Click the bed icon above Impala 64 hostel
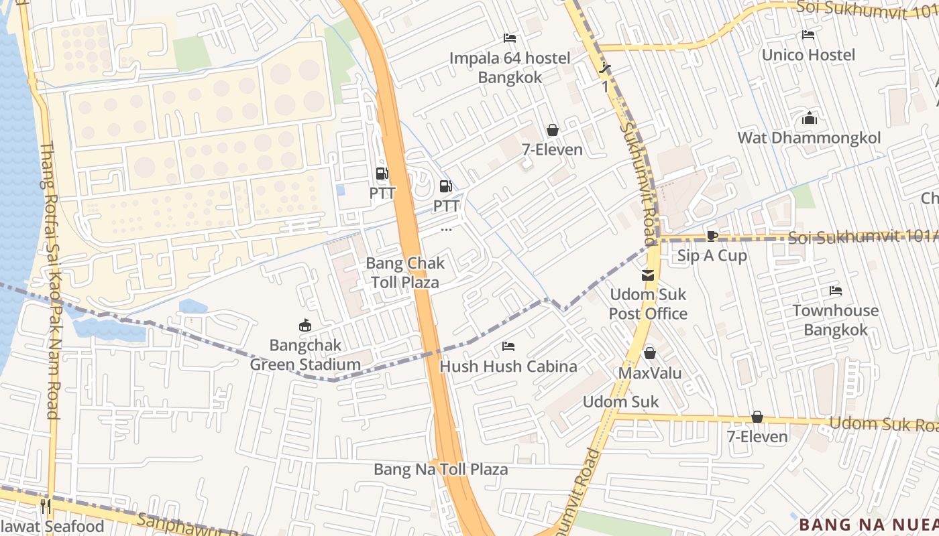pyautogui.click(x=510, y=38)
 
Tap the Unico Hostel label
pyautogui.click(x=808, y=55)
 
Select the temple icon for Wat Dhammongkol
pyautogui.click(x=809, y=119)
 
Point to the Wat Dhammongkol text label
pyautogui.click(x=809, y=138)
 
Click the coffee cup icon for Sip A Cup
pyautogui.click(x=712, y=236)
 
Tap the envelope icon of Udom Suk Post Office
pyautogui.click(x=648, y=275)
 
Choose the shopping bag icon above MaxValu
pyautogui.click(x=649, y=353)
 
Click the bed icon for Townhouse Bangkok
pyautogui.click(x=835, y=291)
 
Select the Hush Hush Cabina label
pyautogui.click(x=508, y=366)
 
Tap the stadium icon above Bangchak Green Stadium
pyautogui.click(x=305, y=326)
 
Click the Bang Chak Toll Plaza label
pyautogui.click(x=405, y=273)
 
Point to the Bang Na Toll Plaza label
pyautogui.click(x=441, y=469)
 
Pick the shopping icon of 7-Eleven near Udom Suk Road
pyautogui.click(x=757, y=417)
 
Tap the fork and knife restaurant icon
pyautogui.click(x=46, y=506)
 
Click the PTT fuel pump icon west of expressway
pyautogui.click(x=382, y=174)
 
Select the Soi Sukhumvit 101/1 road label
pyautogui.click(x=862, y=237)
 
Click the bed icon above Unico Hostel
pyautogui.click(x=808, y=35)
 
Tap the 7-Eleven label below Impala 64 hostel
pyautogui.click(x=552, y=149)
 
